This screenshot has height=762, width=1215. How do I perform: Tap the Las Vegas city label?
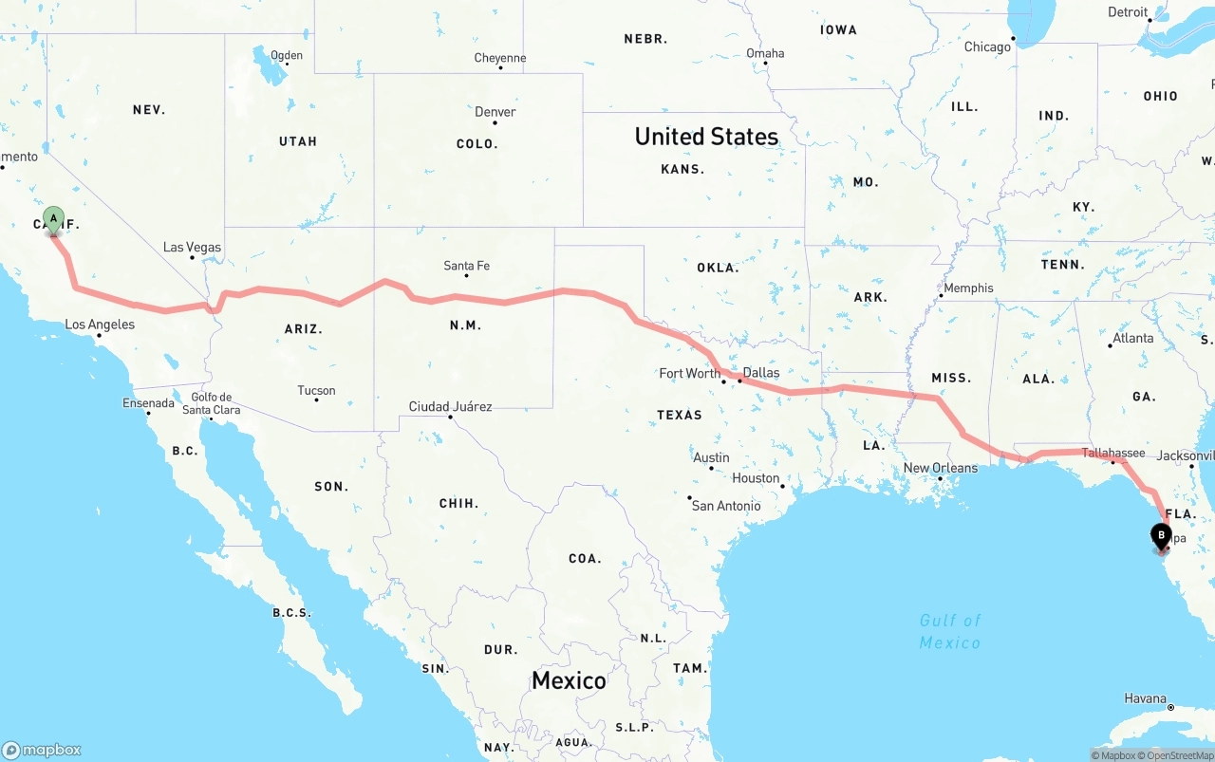(x=192, y=248)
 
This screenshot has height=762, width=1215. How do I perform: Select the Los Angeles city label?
(x=100, y=325)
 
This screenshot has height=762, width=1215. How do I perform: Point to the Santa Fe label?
(x=467, y=266)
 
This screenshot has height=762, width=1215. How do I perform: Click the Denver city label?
(x=495, y=112)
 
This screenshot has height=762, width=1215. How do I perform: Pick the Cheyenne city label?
(x=500, y=59)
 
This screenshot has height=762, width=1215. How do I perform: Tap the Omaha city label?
(x=765, y=53)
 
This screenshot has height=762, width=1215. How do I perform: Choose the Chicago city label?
(x=987, y=47)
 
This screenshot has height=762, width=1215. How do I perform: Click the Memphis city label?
(x=968, y=288)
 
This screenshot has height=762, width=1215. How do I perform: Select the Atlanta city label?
(x=1133, y=339)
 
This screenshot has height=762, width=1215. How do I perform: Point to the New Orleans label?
(x=940, y=468)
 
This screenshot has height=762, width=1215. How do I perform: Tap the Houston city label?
(x=756, y=478)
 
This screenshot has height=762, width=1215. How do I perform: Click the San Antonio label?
(x=726, y=506)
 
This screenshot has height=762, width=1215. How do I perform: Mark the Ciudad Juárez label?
(x=450, y=407)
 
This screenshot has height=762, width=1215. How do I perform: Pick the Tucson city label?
(x=316, y=391)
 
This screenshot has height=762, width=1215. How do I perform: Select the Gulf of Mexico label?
(x=950, y=631)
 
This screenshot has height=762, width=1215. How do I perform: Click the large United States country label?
(x=706, y=137)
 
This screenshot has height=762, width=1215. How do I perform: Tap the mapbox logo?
(x=42, y=750)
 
